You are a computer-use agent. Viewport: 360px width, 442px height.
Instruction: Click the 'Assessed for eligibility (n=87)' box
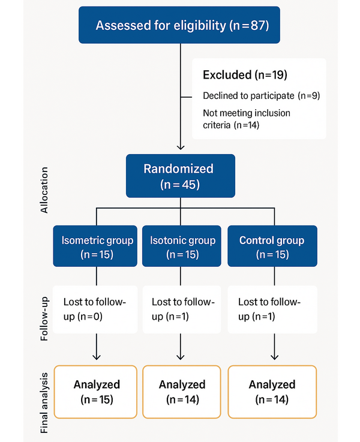pyautogui.click(x=179, y=25)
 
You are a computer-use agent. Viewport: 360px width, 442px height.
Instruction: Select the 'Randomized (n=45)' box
pyautogui.click(x=181, y=176)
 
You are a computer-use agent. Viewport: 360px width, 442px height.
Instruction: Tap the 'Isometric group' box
pyautogui.click(x=95, y=246)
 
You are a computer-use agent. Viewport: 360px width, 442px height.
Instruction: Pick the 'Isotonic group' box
pyautogui.click(x=182, y=246)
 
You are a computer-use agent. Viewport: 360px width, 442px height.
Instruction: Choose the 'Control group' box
pyautogui.click(x=272, y=246)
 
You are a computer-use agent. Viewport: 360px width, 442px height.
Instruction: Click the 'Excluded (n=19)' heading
pyautogui.click(x=245, y=75)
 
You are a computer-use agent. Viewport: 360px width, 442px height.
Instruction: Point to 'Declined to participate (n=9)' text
pyautogui.click(x=262, y=96)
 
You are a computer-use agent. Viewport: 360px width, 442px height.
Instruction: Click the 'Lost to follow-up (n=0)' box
pyautogui.click(x=95, y=309)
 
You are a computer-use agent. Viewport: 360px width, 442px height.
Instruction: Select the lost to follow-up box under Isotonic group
pyautogui.click(x=182, y=309)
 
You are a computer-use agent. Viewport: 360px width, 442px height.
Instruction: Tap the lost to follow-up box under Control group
pyautogui.click(x=272, y=309)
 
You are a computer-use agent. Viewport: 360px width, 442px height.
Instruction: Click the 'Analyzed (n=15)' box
pyautogui.click(x=95, y=392)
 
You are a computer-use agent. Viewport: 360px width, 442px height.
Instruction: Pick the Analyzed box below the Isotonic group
pyautogui.click(x=182, y=392)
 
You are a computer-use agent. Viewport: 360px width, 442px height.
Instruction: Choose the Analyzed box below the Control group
pyautogui.click(x=272, y=392)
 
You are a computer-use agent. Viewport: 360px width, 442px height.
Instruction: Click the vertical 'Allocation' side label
pyautogui.click(x=44, y=190)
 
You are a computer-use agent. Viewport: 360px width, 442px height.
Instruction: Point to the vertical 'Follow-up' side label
pyautogui.click(x=44, y=319)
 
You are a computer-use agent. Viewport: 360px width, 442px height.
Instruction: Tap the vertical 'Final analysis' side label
pyautogui.click(x=44, y=403)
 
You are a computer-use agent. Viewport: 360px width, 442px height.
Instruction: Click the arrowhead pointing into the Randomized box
pyautogui.click(x=181, y=148)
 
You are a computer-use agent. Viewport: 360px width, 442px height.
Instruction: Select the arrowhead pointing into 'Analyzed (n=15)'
pyautogui.click(x=97, y=357)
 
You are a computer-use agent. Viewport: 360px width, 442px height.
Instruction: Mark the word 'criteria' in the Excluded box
pyautogui.click(x=217, y=125)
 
